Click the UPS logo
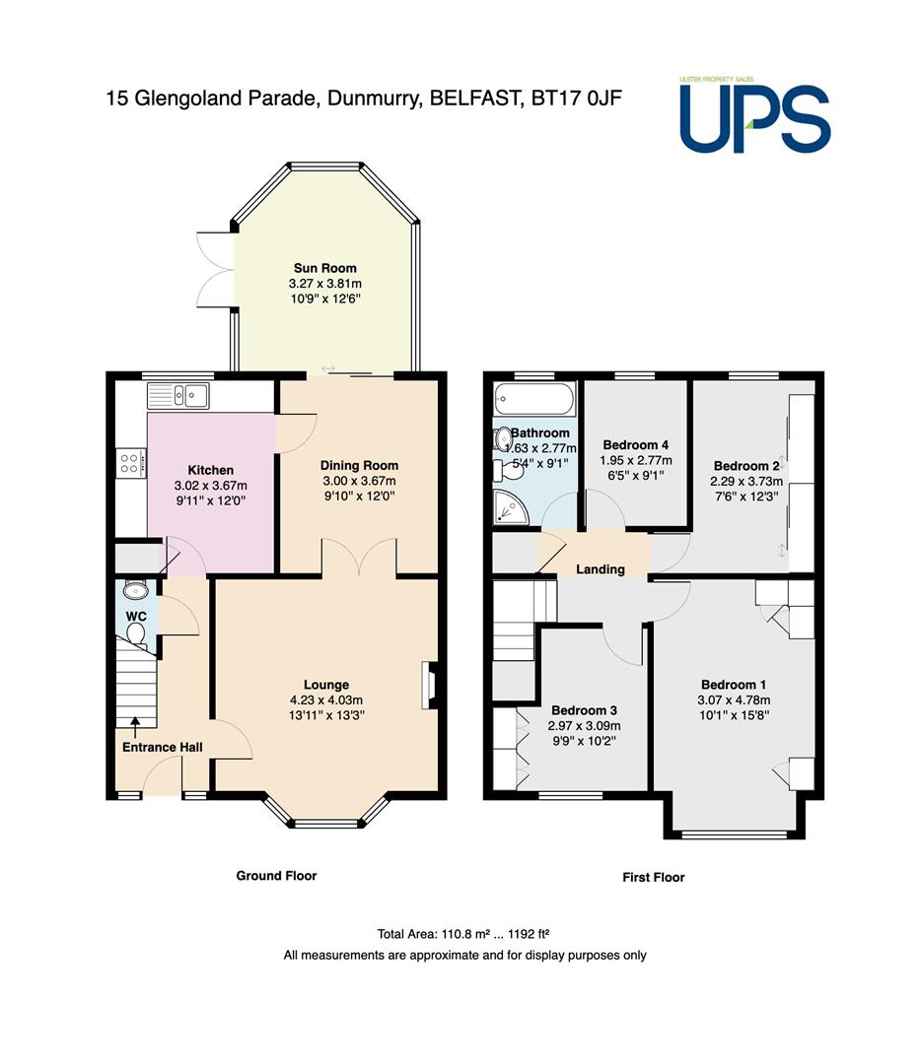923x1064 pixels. tap(754, 115)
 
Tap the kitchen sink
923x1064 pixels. tap(177, 396)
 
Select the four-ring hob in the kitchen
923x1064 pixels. tap(131, 463)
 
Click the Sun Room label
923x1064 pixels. tap(324, 268)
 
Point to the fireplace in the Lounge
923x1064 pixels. tap(430, 686)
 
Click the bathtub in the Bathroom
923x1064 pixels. tap(535, 399)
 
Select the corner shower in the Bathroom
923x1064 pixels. tap(511, 507)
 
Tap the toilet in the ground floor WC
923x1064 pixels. tap(136, 633)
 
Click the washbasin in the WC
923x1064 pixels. tap(136, 590)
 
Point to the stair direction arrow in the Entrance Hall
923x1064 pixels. tap(134, 727)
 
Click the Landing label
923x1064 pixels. tap(601, 569)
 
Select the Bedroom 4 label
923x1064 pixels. tap(636, 445)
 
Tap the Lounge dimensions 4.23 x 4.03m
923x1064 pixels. tap(326, 700)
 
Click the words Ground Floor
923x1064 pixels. tap(276, 876)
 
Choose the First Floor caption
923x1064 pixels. tap(654, 878)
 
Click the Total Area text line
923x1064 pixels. tap(463, 934)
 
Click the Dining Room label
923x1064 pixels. tap(359, 465)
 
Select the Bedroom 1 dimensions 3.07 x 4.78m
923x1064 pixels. tap(734, 700)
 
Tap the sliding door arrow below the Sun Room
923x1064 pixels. tap(328, 368)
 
